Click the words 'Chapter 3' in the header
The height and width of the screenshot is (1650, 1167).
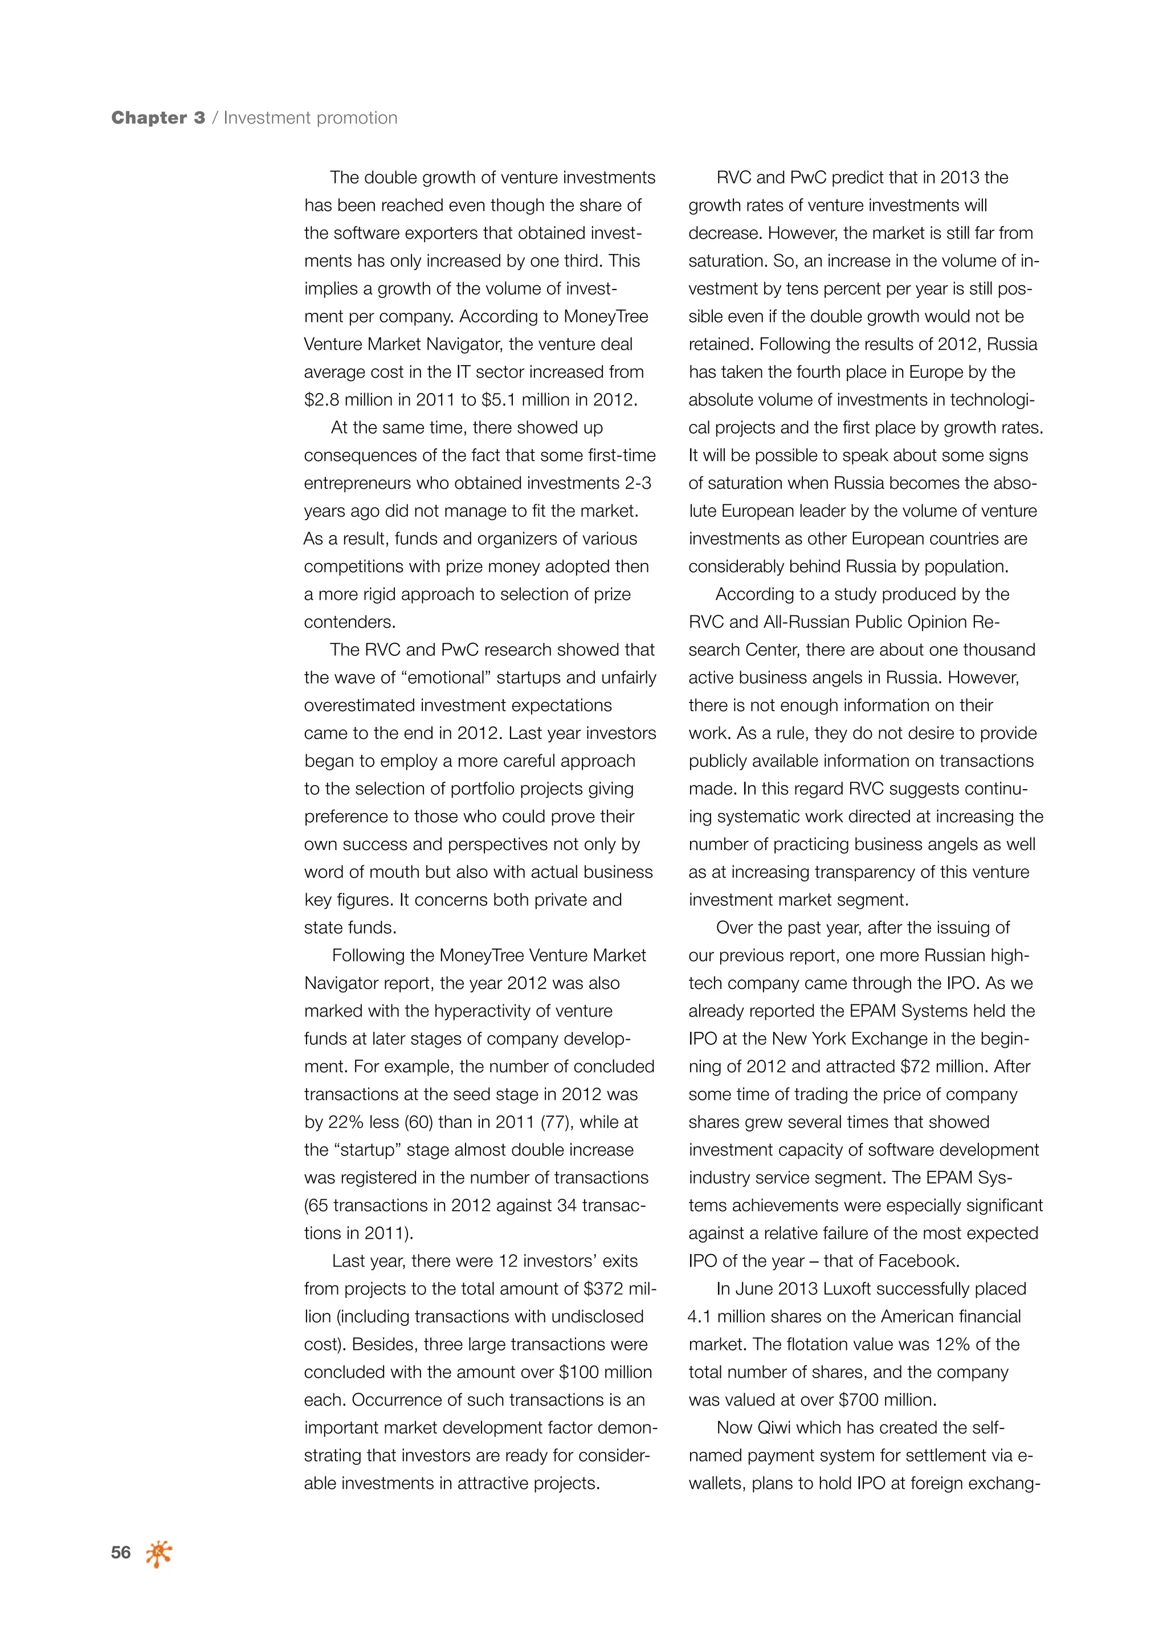[158, 118]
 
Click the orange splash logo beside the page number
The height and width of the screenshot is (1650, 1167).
[159, 1554]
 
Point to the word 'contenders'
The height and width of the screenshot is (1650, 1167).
[348, 622]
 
